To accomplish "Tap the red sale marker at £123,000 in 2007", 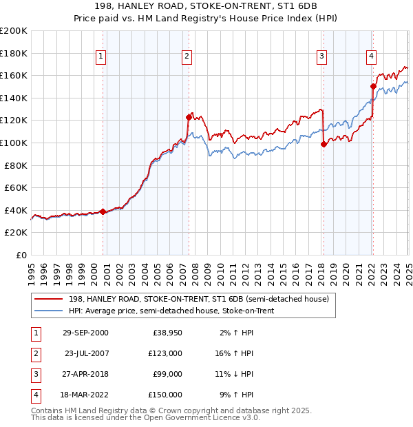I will tap(189, 117).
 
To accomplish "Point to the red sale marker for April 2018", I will tap(324, 144).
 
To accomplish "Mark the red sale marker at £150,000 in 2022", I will tap(373, 87).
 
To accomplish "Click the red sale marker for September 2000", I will tap(103, 211).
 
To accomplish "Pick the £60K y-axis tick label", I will tap(16, 187).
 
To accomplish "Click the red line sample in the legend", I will tap(50, 299).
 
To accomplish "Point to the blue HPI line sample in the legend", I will tap(50, 311).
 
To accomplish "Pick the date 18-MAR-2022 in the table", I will tap(86, 395).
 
